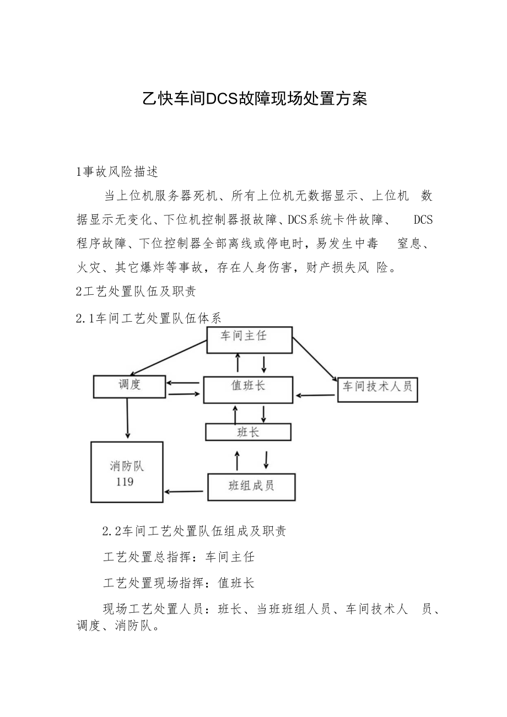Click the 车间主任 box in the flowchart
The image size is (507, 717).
(x=249, y=339)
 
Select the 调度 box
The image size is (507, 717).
(x=130, y=386)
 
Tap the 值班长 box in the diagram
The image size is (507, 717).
(x=247, y=390)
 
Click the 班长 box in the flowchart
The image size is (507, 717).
(x=248, y=432)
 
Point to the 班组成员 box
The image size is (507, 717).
(x=251, y=487)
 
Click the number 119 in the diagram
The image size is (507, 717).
(x=125, y=482)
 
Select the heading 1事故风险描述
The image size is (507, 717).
(x=117, y=171)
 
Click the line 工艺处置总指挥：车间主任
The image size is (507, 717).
(x=179, y=557)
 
